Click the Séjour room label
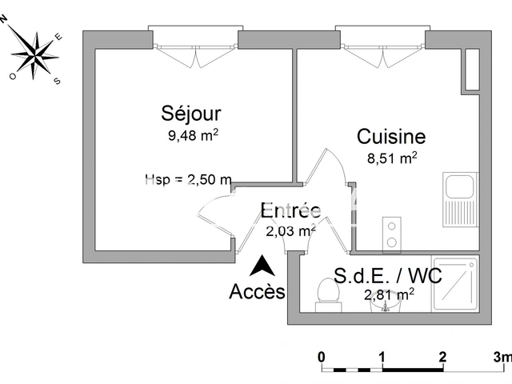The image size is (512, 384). tap(190, 114)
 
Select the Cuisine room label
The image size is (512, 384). tap(390, 137)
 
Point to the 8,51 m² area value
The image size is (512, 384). tap(391, 158)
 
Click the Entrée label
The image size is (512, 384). tap(291, 210)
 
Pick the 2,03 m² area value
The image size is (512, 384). tap(290, 231)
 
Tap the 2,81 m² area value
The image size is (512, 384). tap(389, 295)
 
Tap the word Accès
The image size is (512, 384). tap(257, 291)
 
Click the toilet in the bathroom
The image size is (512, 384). tap(326, 292)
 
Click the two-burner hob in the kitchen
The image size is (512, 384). tap(393, 233)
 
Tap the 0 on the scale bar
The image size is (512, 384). tap(321, 356)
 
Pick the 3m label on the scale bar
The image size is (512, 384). tap(502, 356)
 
